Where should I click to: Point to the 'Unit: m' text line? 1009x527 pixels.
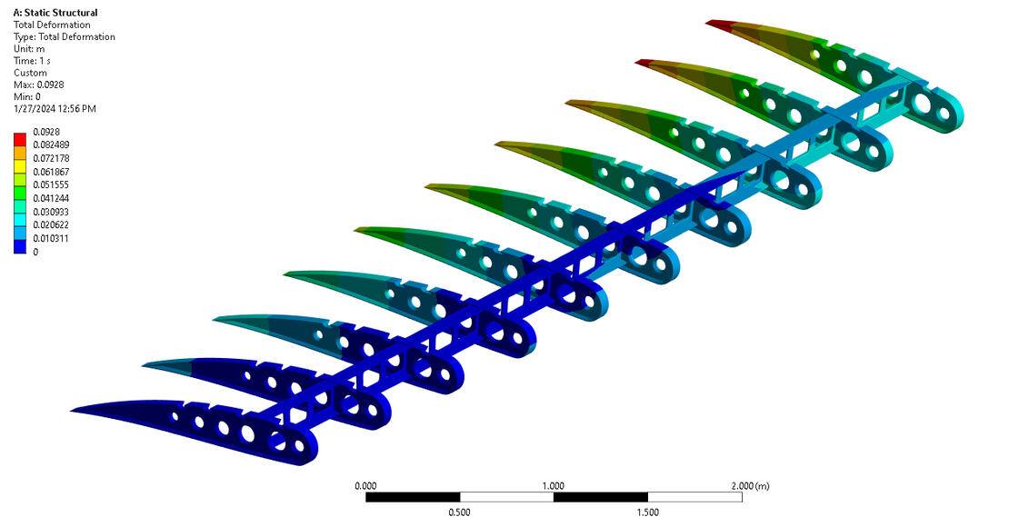pyautogui.click(x=29, y=49)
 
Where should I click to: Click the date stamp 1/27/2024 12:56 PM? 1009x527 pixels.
pyautogui.click(x=55, y=109)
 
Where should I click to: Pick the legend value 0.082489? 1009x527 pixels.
pyautogui.click(x=51, y=144)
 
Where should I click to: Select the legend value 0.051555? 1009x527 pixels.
pyautogui.click(x=51, y=184)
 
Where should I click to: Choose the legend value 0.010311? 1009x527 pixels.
pyautogui.click(x=51, y=238)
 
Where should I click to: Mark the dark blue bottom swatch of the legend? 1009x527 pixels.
pyautogui.click(x=20, y=246)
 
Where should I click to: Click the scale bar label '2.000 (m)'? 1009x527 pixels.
pyautogui.click(x=749, y=486)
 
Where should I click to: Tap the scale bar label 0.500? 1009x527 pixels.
pyautogui.click(x=459, y=512)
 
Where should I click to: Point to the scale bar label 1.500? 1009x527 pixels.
pyautogui.click(x=647, y=512)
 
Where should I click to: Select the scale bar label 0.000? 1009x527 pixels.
pyautogui.click(x=365, y=486)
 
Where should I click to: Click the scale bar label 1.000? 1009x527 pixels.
pyautogui.click(x=553, y=486)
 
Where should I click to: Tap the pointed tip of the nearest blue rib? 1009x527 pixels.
pyautogui.click(x=75, y=409)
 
